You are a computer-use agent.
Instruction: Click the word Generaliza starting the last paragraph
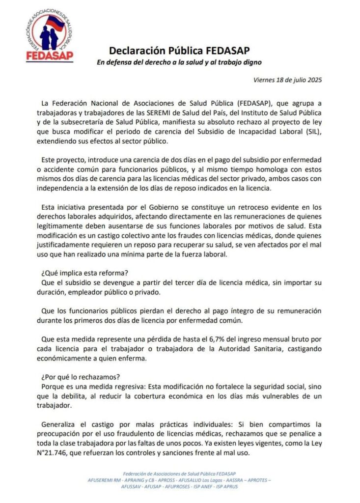coord(60,424)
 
